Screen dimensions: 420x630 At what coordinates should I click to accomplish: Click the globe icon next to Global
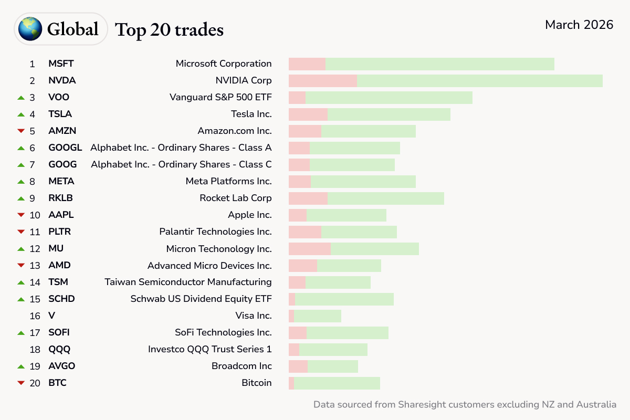tap(30, 29)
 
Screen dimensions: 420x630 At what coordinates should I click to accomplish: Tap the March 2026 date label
tap(579, 25)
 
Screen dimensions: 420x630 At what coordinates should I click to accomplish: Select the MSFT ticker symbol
tap(61, 64)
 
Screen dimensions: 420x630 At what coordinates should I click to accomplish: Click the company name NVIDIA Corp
tap(244, 80)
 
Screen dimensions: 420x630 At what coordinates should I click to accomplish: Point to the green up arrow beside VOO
tap(21, 97)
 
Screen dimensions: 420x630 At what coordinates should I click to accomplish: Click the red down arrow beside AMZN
tap(21, 131)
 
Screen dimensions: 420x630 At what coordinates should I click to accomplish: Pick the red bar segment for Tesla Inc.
tap(308, 114)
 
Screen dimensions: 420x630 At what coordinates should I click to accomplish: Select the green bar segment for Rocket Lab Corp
tap(386, 198)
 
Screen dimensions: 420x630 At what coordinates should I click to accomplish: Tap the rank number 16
tap(35, 316)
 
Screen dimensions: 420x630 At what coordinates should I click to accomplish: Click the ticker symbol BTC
tap(57, 383)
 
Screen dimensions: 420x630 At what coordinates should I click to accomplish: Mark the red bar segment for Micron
tap(310, 248)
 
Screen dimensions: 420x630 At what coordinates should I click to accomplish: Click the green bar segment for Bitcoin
tap(337, 383)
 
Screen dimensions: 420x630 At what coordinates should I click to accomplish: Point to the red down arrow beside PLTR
tap(21, 232)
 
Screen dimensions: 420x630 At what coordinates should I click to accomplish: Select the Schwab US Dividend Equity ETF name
tap(201, 299)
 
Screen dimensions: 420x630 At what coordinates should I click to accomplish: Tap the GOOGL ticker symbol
tap(65, 148)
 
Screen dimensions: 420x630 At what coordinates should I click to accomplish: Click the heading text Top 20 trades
tap(169, 30)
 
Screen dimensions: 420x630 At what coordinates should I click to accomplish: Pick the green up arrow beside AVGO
tap(21, 366)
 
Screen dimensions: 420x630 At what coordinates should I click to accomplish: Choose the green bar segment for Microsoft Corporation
tap(440, 64)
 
